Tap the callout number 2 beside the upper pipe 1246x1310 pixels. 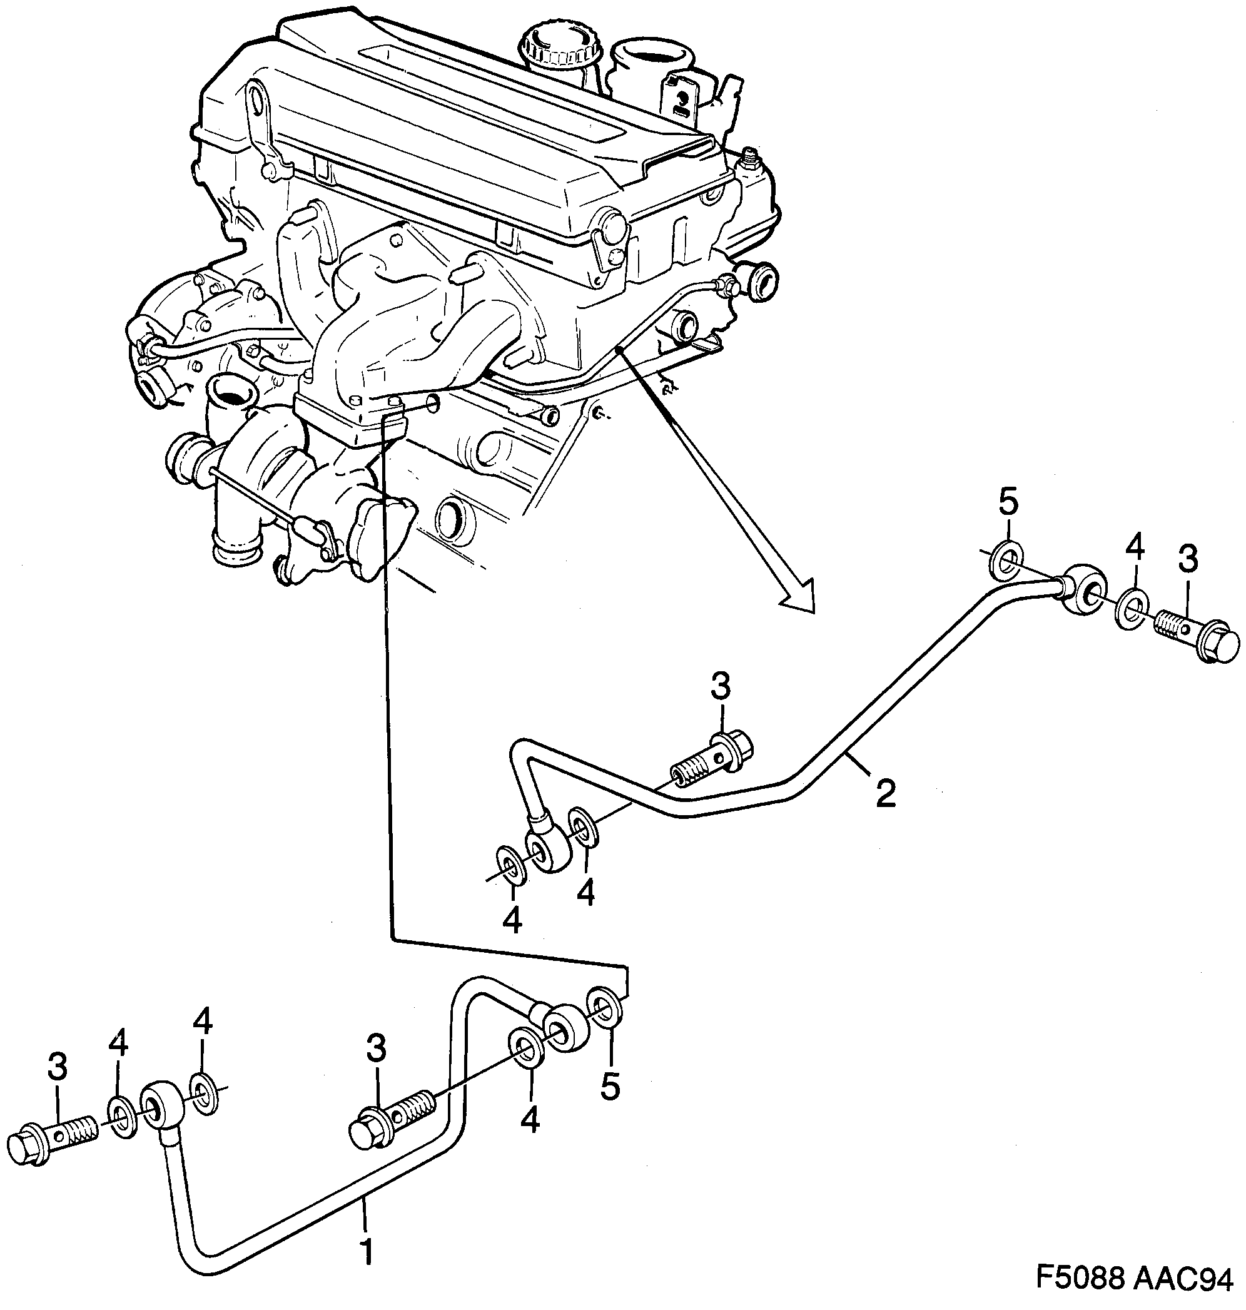coord(885,793)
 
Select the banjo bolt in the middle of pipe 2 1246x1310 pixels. coord(711,759)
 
